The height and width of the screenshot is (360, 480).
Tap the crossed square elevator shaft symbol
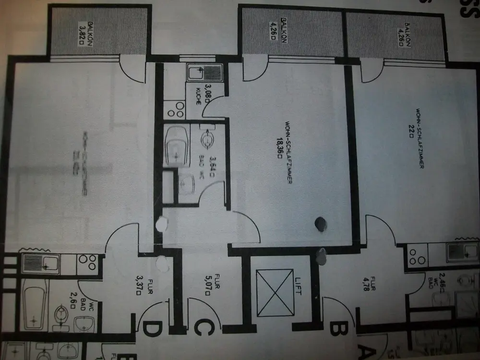pyautogui.click(x=275, y=293)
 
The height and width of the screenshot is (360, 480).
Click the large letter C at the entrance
pyautogui.click(x=203, y=329)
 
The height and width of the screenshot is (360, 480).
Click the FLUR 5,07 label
pyautogui.click(x=205, y=287)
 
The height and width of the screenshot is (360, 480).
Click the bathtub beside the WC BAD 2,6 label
pyautogui.click(x=34, y=302)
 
